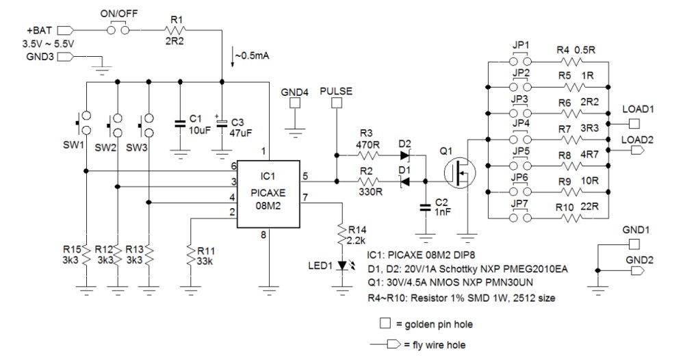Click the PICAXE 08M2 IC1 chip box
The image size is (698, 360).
coord(268,196)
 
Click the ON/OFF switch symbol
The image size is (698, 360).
coord(119,30)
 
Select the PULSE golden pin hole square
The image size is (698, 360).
coord(337,103)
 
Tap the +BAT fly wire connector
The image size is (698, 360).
coord(66,30)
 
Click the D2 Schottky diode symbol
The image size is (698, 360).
coord(404,155)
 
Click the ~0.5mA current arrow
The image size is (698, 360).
coord(233,59)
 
